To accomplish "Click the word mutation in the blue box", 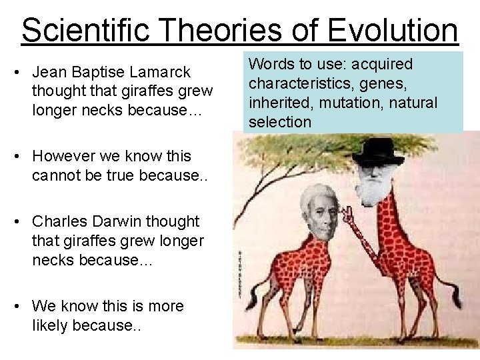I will click(366, 103).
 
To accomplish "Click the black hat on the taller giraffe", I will click(377, 152).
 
